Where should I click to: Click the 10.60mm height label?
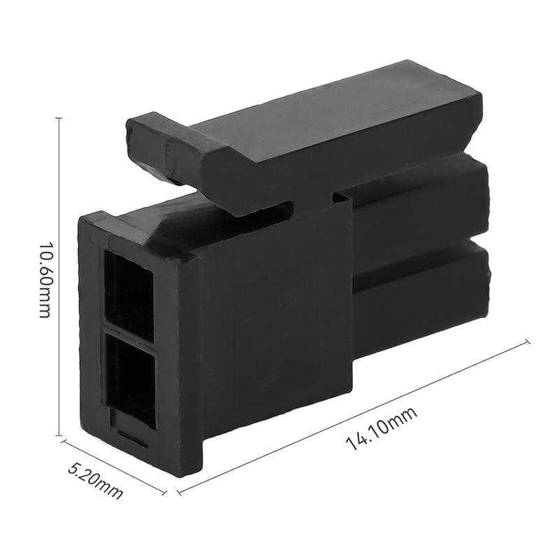point(44,279)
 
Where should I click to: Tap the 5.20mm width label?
point(95,480)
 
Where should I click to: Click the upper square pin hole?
point(129,293)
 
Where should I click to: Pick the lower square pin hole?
point(131,377)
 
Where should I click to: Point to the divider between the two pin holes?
point(129,334)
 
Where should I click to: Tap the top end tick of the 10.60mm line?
point(59,118)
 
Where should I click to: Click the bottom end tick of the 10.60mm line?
point(59,435)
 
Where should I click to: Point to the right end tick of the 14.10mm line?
point(527,342)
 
